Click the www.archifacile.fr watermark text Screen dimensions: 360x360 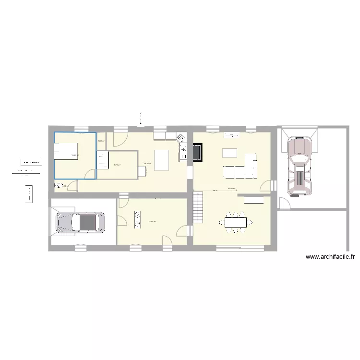pos(330,257)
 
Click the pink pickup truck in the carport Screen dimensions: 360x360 pos(299,165)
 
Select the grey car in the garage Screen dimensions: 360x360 pos(80,222)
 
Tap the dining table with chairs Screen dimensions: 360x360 pos(235,222)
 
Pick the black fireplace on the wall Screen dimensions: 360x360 pos(197,152)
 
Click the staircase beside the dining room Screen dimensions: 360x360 pos(198,207)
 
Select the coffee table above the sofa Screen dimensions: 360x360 pos(229,153)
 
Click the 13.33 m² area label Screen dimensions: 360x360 pos(75,156)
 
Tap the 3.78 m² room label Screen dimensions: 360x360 pos(117,165)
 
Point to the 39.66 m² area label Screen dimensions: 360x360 pos(152,221)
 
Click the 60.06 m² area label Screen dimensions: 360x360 pos(231,189)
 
